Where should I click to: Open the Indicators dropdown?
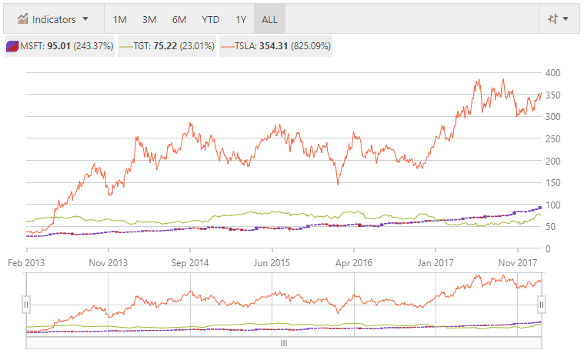(x=53, y=18)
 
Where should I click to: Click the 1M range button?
(x=120, y=19)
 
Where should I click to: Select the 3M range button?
(x=149, y=19)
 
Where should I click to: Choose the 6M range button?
(x=179, y=19)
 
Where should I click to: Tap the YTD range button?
(x=210, y=19)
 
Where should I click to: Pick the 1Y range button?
(x=241, y=19)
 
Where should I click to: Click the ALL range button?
(x=269, y=19)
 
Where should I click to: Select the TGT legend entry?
(x=167, y=46)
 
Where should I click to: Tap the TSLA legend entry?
(x=276, y=46)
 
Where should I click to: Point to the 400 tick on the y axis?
(x=552, y=72)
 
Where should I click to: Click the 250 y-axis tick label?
(x=552, y=138)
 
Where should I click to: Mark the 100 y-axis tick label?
(x=552, y=205)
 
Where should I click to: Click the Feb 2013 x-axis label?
(x=27, y=262)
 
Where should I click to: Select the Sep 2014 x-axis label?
(x=190, y=262)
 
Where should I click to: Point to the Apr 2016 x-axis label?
(x=353, y=262)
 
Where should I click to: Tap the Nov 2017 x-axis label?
(x=517, y=262)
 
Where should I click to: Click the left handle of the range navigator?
(x=26, y=305)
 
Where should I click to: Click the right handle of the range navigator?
(x=541, y=305)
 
